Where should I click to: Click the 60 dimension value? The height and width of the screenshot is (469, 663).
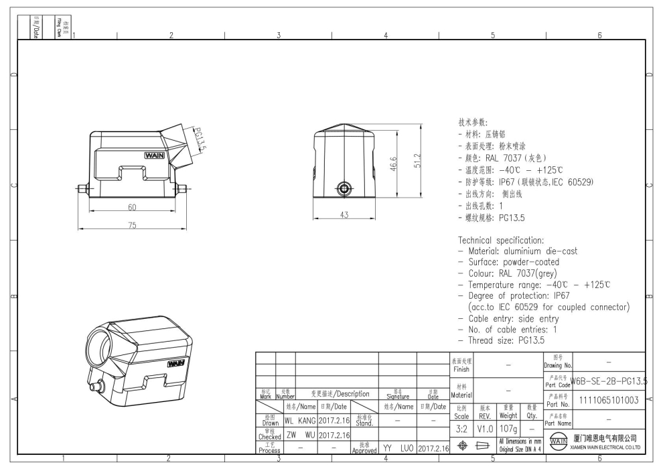pyautogui.click(x=133, y=207)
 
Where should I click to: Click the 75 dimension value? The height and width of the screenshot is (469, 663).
pyautogui.click(x=133, y=225)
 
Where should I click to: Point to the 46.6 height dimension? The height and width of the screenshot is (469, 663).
pyautogui.click(x=393, y=163)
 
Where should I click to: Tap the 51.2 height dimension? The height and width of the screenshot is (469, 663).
pyautogui.click(x=418, y=162)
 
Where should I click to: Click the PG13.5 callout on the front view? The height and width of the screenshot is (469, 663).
pyautogui.click(x=200, y=140)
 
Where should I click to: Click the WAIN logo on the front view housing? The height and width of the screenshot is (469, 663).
pyautogui.click(x=155, y=155)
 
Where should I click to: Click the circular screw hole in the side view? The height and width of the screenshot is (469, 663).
pyautogui.click(x=345, y=188)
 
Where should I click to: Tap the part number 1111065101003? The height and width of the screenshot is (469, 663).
pyautogui.click(x=609, y=400)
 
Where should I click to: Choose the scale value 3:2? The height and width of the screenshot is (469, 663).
pyautogui.click(x=461, y=427)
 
